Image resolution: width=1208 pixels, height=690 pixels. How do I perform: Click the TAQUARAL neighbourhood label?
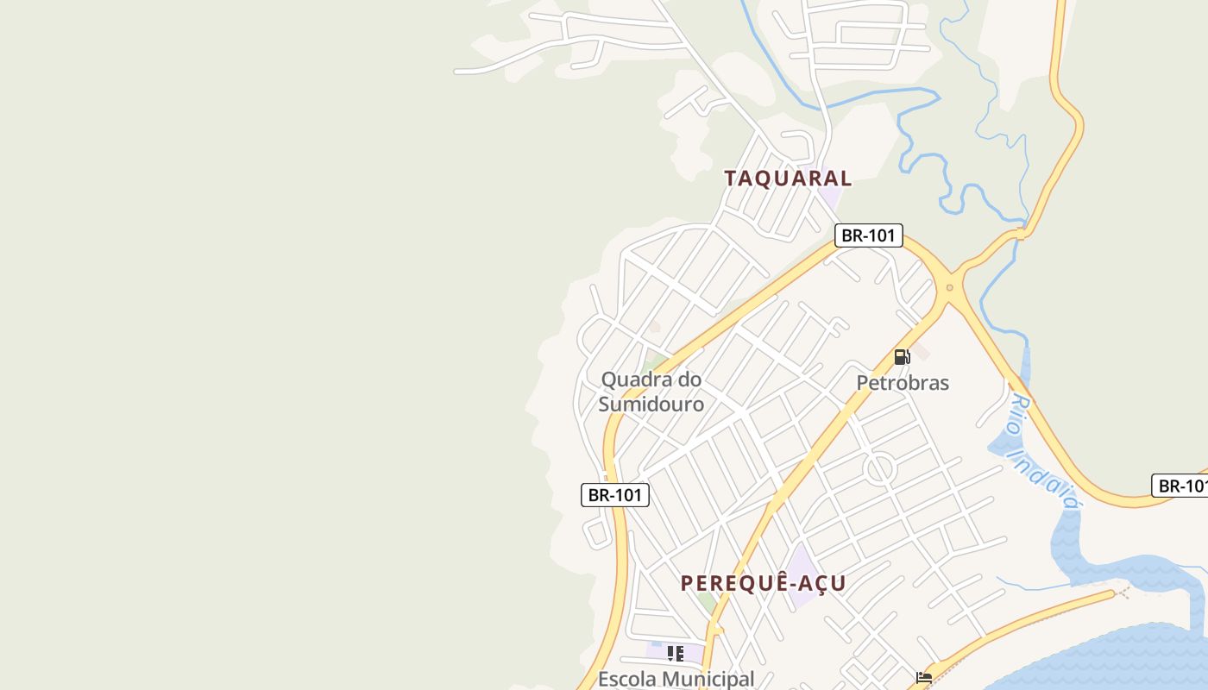788,179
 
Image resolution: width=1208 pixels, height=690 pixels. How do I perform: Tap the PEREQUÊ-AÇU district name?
763,584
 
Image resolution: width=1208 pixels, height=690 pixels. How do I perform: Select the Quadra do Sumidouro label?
651,392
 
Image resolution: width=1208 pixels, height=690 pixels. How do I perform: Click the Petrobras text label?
903,383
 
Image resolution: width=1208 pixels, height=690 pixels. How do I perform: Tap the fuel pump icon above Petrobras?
902,356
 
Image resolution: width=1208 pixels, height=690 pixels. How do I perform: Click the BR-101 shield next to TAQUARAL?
868,235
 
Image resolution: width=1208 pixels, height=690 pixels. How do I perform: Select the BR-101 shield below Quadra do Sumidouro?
614,495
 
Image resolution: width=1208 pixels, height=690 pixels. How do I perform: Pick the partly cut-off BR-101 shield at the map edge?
1181,486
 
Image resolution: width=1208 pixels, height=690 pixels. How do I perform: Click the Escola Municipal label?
676,679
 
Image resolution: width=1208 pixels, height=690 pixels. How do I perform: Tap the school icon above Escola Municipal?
676,653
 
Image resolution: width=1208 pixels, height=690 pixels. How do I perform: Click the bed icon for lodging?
924,677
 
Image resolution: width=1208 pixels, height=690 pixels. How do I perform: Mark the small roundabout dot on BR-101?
949,288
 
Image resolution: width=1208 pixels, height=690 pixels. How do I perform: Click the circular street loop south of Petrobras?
879,468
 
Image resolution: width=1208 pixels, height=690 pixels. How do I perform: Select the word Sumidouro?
651,404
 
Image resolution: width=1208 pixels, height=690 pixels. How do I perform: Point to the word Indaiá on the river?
1054,486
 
